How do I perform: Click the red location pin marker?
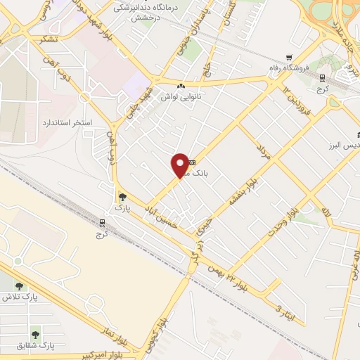click(x=180, y=165)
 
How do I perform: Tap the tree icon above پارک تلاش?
click(x=19, y=286)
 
